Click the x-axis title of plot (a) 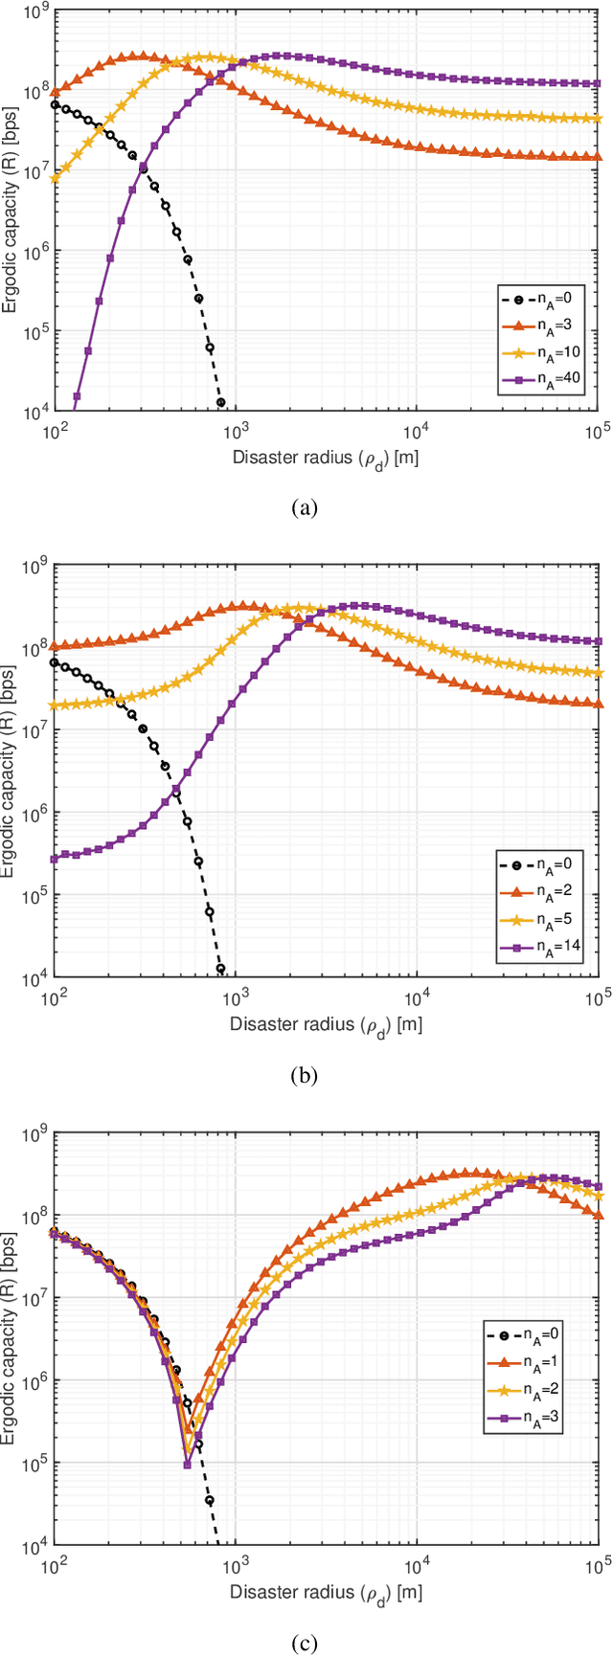[326, 457]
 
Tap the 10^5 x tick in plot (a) [596, 431]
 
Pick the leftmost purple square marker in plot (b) [55, 859]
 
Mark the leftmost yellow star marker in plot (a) [55, 178]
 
